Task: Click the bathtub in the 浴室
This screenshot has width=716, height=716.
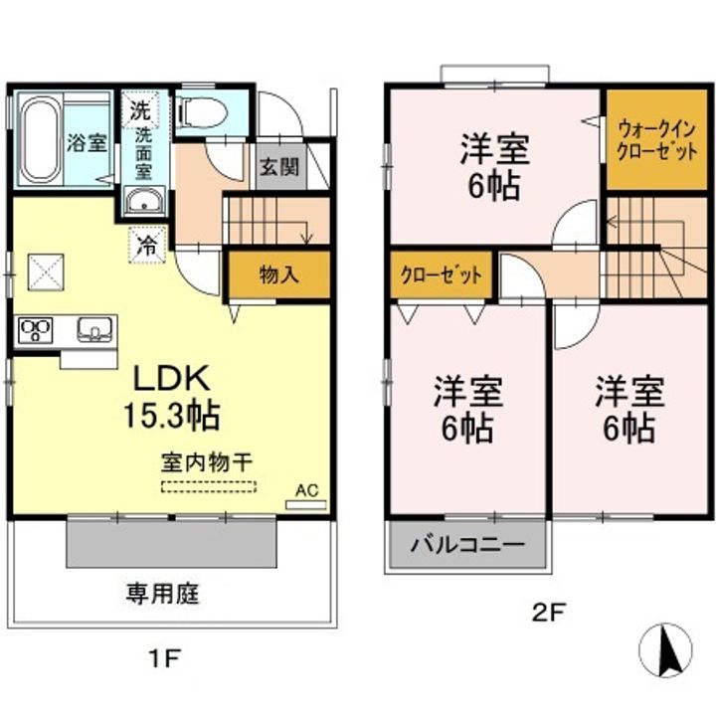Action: click(41, 139)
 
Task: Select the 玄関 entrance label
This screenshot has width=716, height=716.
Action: click(279, 166)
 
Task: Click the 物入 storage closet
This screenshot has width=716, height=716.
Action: click(278, 273)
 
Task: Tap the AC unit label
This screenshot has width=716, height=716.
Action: click(305, 490)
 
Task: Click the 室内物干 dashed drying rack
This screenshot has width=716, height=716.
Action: click(209, 487)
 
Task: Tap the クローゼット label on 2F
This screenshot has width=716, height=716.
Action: click(442, 273)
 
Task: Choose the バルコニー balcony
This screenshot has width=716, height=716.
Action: click(467, 545)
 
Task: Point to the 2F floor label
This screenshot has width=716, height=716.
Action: click(548, 614)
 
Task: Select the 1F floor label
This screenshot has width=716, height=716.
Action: click(166, 657)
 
